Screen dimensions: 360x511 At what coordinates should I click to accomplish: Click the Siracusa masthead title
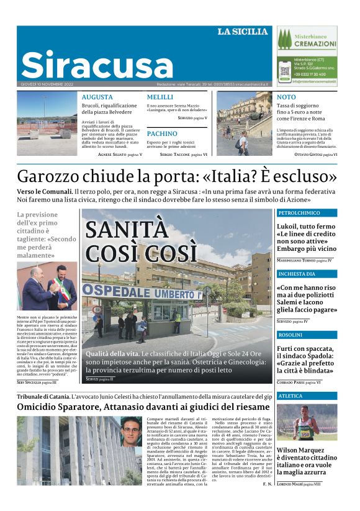[x=97, y=64]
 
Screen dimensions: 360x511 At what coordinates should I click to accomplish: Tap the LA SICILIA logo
[x=243, y=32]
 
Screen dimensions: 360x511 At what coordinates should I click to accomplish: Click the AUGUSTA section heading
[x=97, y=97]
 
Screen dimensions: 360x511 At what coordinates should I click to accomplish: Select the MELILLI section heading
[x=160, y=97]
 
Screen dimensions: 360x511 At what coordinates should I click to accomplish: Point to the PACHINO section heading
[x=162, y=133]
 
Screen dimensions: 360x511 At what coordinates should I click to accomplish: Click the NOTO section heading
[x=286, y=97]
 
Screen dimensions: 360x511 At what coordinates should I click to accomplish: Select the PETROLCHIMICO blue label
[x=299, y=213]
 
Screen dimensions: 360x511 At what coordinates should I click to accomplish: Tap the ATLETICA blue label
[x=290, y=396]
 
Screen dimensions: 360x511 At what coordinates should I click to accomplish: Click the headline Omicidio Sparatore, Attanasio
[x=135, y=406]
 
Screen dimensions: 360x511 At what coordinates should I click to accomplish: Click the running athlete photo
[x=307, y=422]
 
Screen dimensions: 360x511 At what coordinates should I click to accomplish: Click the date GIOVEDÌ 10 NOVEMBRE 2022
[x=47, y=84]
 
